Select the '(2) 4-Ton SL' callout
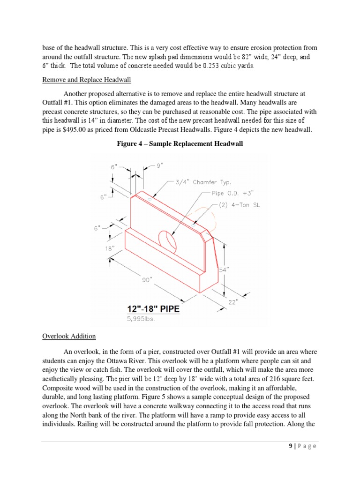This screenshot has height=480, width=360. coord(243,205)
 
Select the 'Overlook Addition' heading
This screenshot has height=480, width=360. coord(69,336)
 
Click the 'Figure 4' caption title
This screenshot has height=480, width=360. coord(180,143)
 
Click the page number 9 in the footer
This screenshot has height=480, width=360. coord(291,446)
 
